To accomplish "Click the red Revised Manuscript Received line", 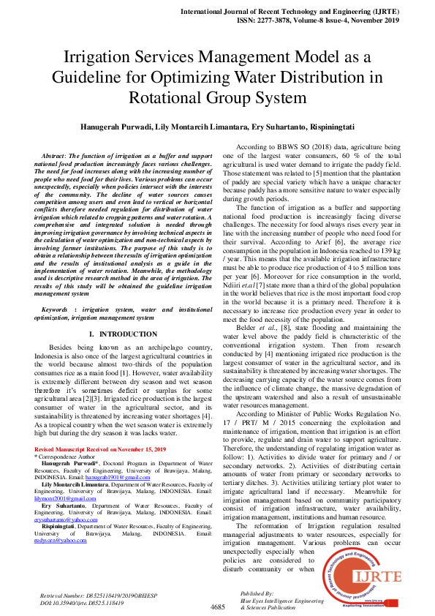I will (x=100, y=448).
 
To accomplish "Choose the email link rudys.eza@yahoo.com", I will (x=61, y=540).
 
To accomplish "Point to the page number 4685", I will (x=218, y=607).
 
